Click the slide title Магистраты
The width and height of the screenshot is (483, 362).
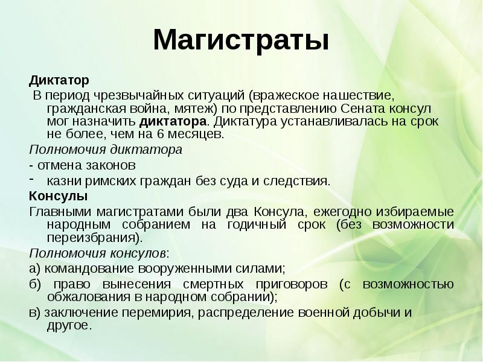241,40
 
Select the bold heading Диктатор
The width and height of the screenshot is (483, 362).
59,80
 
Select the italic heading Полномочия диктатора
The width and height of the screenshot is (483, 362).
106,148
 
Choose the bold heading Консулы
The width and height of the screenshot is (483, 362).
59,197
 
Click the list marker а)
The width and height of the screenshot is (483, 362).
34,268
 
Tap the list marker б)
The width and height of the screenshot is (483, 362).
35,284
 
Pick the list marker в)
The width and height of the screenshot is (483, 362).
34,313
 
